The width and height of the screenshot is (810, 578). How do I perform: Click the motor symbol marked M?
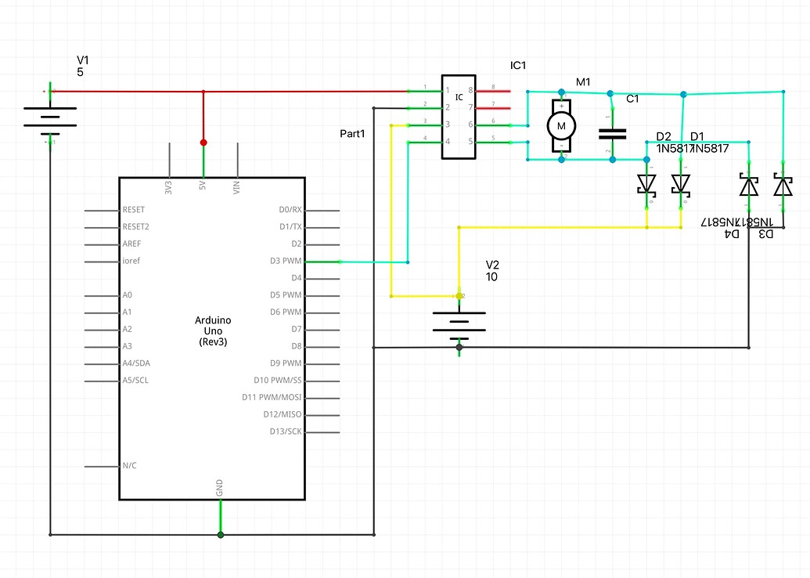(x=561, y=125)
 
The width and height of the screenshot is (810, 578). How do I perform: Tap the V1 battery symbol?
(x=51, y=115)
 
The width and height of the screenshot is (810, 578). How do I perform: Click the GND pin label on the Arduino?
(x=220, y=488)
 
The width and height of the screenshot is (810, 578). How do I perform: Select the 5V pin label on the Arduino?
(x=203, y=187)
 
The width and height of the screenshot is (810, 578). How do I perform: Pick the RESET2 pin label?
(x=136, y=226)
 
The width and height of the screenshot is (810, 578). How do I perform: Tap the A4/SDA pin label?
(x=139, y=363)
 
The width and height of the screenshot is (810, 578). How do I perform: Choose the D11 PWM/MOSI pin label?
(x=272, y=398)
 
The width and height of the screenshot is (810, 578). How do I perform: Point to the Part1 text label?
(x=353, y=134)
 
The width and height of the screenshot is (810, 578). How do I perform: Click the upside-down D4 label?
(x=731, y=233)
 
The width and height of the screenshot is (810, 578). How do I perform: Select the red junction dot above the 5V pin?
(x=203, y=143)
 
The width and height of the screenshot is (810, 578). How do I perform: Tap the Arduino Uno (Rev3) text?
(x=213, y=331)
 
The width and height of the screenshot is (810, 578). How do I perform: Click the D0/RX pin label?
(x=290, y=210)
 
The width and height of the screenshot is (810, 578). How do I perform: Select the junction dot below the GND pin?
(x=221, y=535)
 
